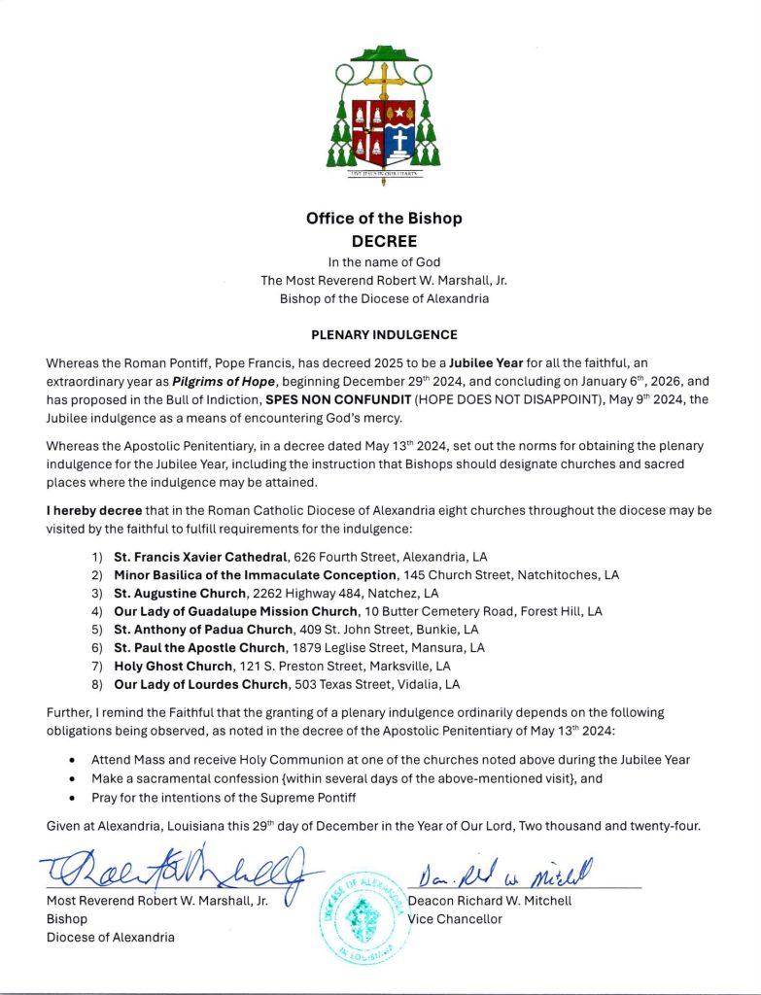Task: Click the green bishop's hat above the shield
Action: coord(382,53)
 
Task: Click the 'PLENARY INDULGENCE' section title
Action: coord(384,335)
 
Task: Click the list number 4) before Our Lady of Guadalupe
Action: coord(96,611)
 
